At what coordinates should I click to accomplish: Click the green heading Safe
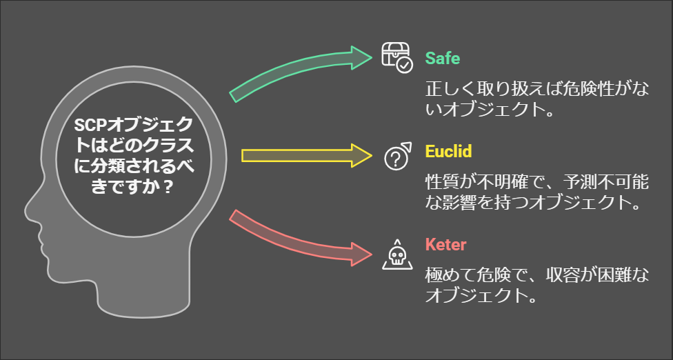pos(442,57)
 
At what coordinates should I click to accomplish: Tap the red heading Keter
pos(445,244)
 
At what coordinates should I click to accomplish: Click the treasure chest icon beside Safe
pos(396,57)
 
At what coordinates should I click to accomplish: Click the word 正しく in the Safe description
pos(448,90)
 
